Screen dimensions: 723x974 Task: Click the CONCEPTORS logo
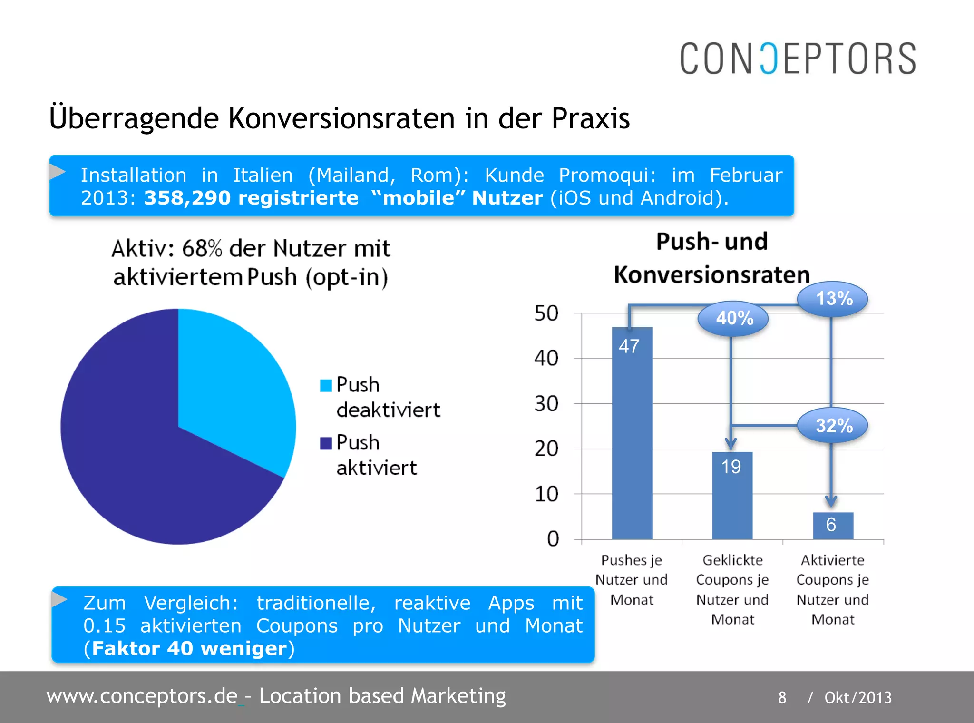pyautogui.click(x=798, y=59)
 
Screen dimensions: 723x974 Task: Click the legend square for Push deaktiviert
pyautogui.click(x=326, y=385)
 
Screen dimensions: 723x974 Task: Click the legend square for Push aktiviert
pyautogui.click(x=326, y=443)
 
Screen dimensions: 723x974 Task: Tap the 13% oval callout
pyautogui.click(x=833, y=299)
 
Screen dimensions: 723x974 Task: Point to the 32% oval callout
pyautogui.click(x=833, y=425)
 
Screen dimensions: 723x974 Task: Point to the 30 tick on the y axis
pyautogui.click(x=546, y=404)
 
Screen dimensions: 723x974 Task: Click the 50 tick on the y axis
pyautogui.click(x=546, y=313)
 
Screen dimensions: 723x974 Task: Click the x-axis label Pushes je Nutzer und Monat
pyautogui.click(x=632, y=579)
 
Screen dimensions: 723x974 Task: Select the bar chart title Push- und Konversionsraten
pyautogui.click(x=712, y=258)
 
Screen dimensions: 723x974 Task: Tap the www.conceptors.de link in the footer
pyautogui.click(x=142, y=696)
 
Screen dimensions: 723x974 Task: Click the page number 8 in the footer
pyautogui.click(x=782, y=698)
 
